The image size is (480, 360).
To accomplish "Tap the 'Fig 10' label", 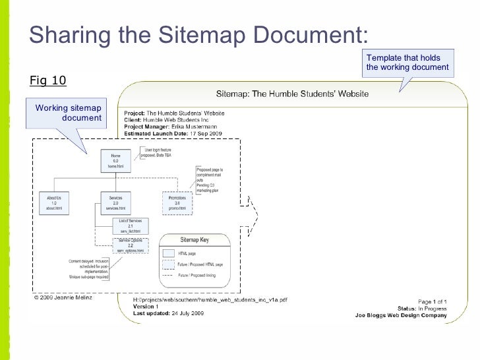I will (x=48, y=80).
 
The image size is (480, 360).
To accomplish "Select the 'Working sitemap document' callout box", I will (x=68, y=113).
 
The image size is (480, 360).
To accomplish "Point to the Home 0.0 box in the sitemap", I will (x=111, y=160).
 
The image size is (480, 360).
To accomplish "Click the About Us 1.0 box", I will (x=55, y=202).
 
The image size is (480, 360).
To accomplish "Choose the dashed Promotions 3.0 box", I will (x=176, y=202).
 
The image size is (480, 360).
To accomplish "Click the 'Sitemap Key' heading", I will (x=195, y=240).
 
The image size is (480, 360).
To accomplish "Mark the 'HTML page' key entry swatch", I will (x=168, y=253).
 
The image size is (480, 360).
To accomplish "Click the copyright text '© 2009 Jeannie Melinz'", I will (x=65, y=297).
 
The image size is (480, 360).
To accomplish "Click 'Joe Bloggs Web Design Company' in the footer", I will (x=401, y=315).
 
